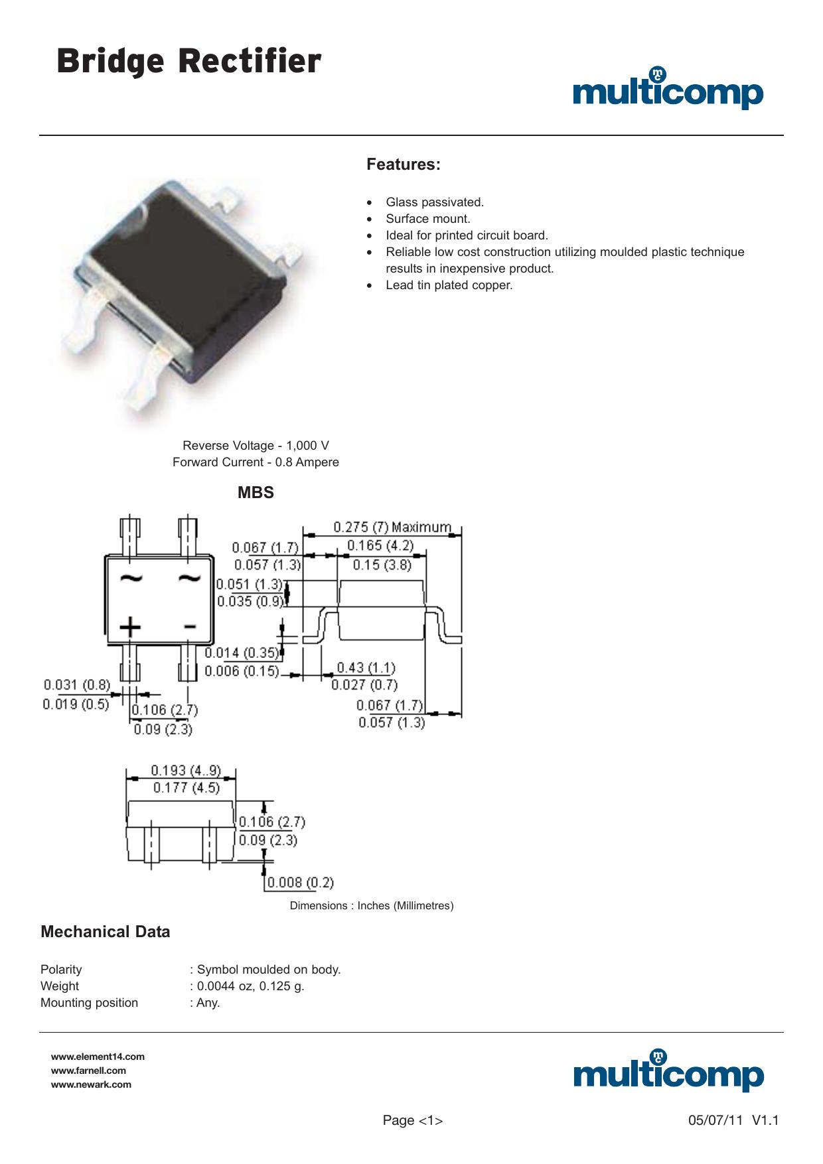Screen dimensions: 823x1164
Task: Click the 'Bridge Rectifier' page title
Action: tap(189, 62)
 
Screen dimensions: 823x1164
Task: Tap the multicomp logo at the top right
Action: tap(668, 88)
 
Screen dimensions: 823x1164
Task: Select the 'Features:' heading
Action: tap(404, 164)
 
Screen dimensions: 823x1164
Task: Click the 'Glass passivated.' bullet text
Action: tap(435, 202)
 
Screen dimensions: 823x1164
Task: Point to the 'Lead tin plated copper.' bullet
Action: tap(449, 285)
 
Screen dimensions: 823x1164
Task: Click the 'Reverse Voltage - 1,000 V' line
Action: tap(256, 446)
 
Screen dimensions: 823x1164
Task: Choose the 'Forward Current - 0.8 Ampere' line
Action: tap(256, 462)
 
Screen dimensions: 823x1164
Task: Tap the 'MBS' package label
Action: tap(256, 493)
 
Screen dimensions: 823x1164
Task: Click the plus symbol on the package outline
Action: tap(130, 627)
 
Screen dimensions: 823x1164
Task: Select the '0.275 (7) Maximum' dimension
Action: tap(392, 527)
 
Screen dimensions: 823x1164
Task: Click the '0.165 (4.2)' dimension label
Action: tap(380, 545)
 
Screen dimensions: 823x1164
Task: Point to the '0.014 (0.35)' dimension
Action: tap(242, 653)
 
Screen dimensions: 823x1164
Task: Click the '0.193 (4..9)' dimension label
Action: tap(186, 771)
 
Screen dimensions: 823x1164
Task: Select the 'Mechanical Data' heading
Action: tap(106, 932)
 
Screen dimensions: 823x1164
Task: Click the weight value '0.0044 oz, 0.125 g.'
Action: tap(251, 986)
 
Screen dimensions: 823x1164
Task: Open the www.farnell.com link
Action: tap(88, 1070)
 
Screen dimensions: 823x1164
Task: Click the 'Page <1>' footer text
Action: tap(413, 1121)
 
